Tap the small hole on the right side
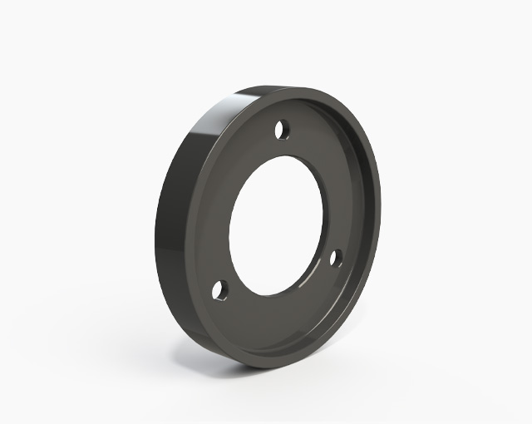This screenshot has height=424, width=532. point(337,258)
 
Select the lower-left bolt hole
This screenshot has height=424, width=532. point(220,290)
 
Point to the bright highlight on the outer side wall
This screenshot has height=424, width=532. point(208,133)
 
